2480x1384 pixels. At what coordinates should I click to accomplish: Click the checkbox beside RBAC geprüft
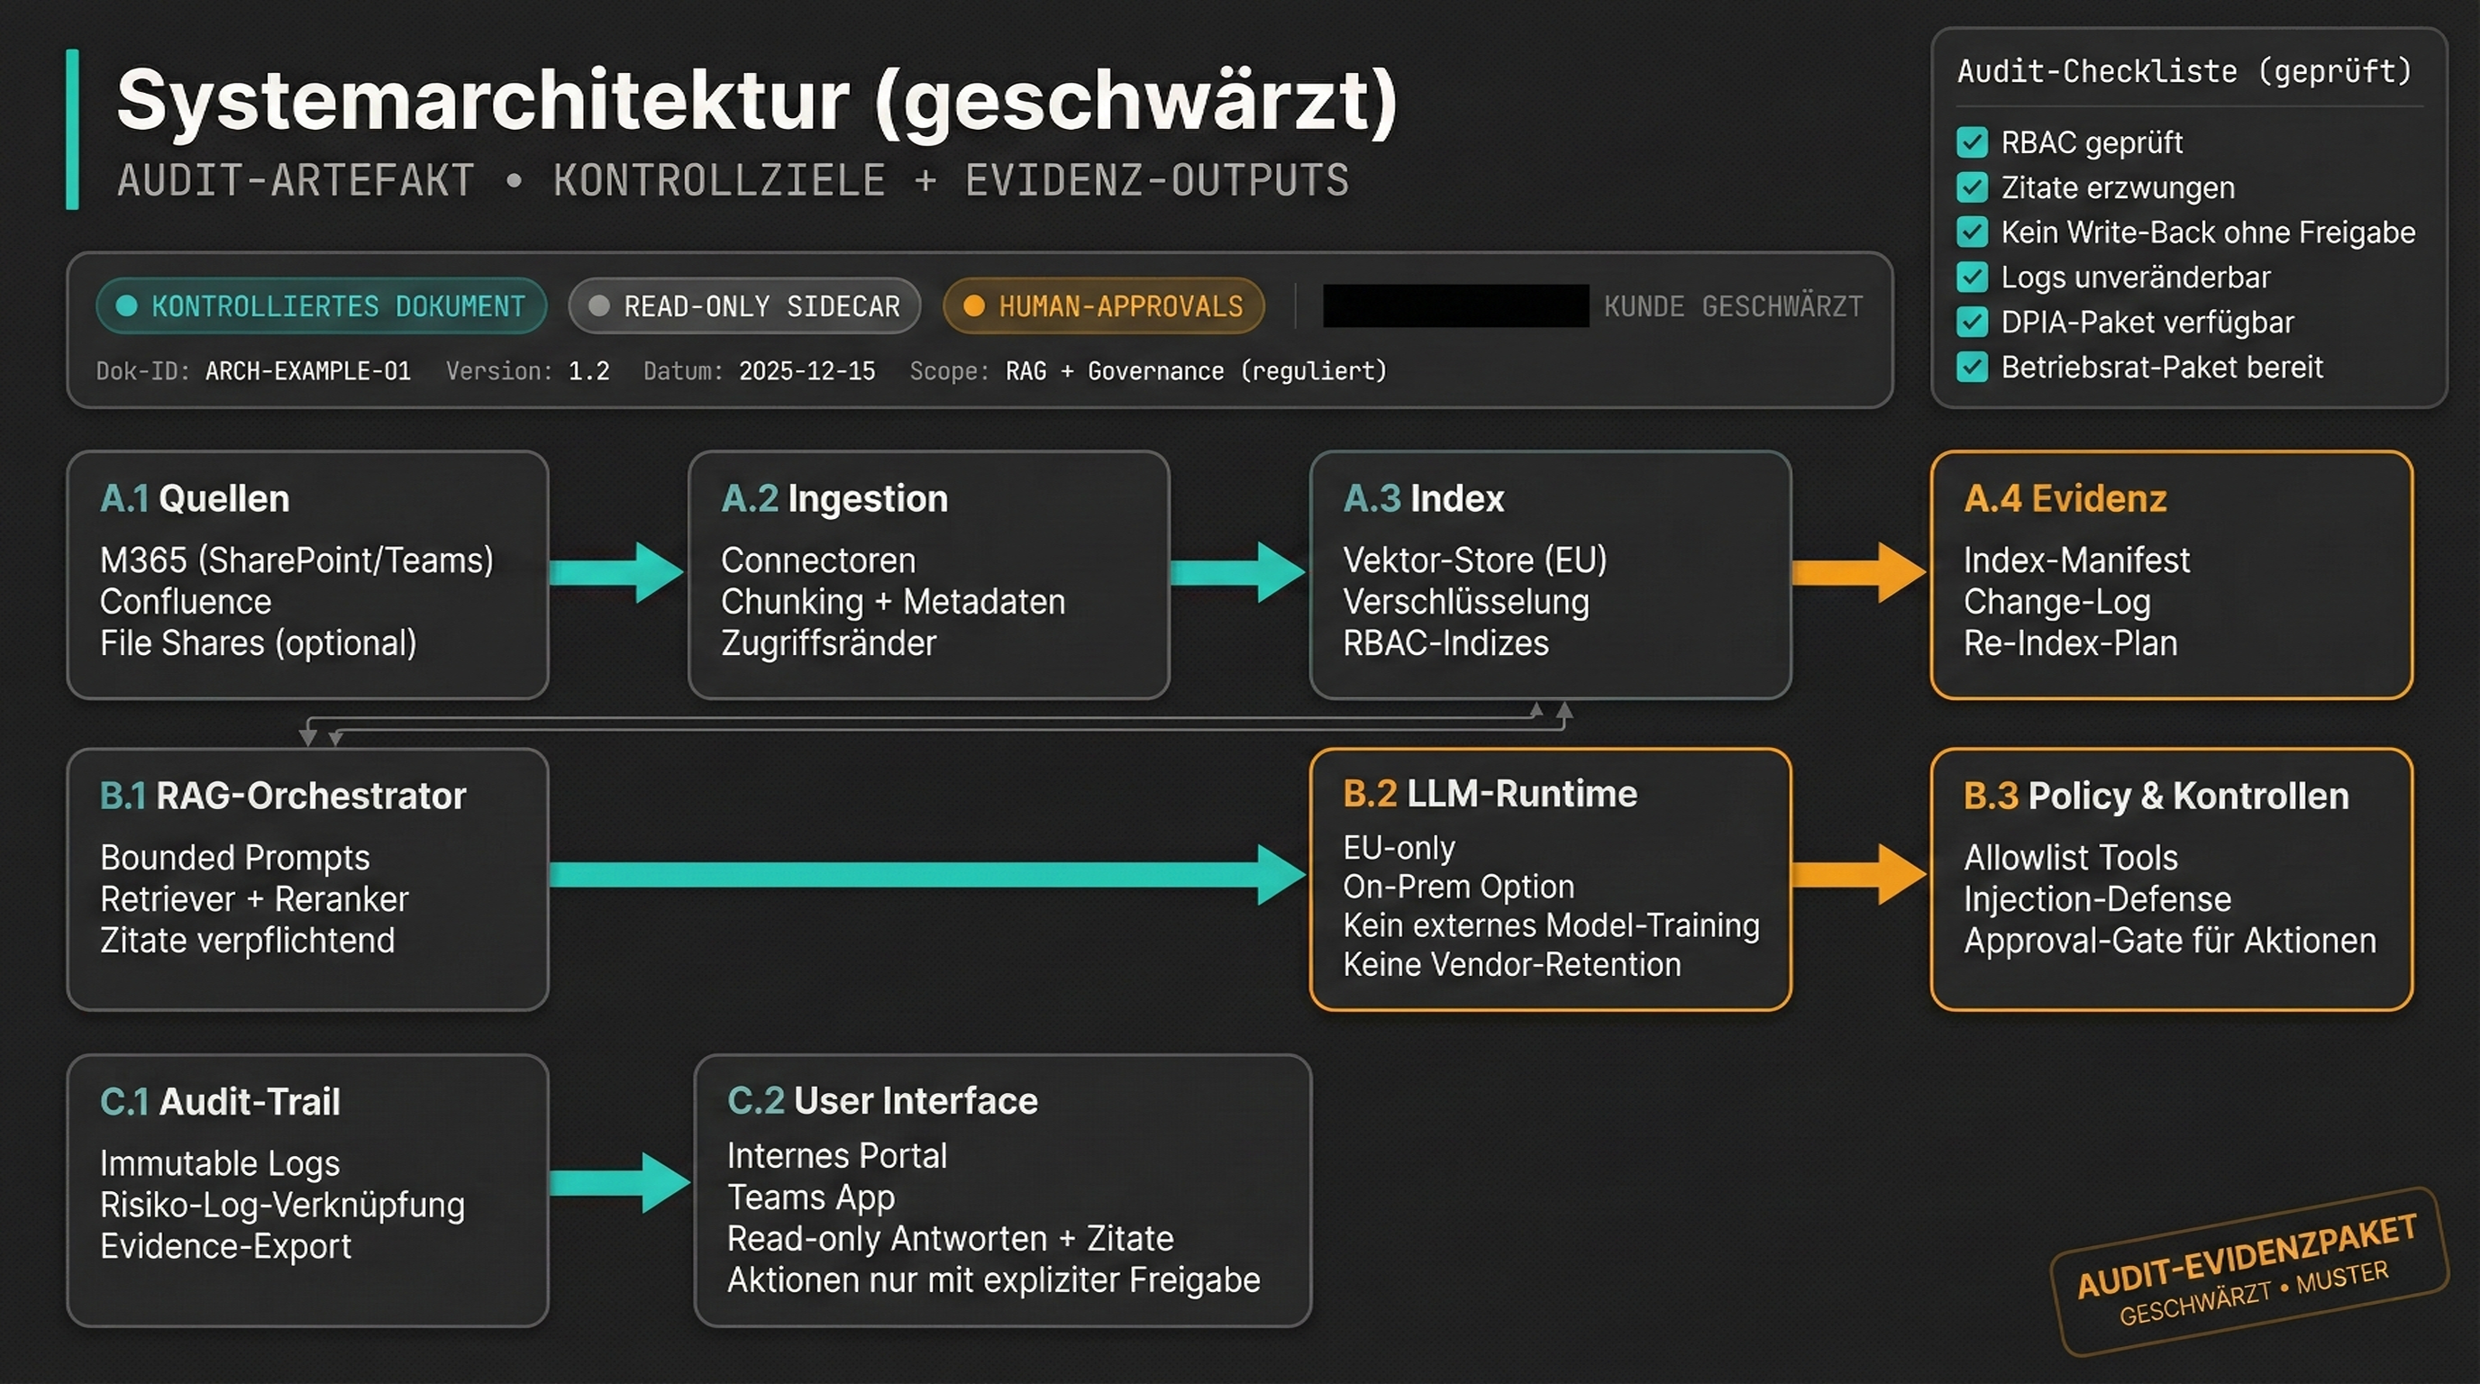pyautogui.click(x=1972, y=142)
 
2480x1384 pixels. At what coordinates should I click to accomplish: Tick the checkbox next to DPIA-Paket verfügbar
pyautogui.click(x=1972, y=322)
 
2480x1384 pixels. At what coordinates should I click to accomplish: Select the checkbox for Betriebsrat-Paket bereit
pyautogui.click(x=1972, y=367)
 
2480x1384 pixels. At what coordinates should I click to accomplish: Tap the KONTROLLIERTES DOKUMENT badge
pyautogui.click(x=322, y=306)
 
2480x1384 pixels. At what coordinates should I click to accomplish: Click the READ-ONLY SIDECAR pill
pyautogui.click(x=744, y=306)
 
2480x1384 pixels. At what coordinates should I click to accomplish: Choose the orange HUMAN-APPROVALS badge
pyautogui.click(x=1103, y=306)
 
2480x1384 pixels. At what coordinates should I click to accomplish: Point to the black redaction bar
pyautogui.click(x=1454, y=306)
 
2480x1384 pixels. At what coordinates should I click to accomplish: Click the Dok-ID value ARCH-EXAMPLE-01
pyautogui.click(x=308, y=370)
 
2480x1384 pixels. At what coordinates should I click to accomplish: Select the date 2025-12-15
pyautogui.click(x=807, y=370)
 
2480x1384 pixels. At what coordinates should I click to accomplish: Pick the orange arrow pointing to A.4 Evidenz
pyautogui.click(x=1859, y=573)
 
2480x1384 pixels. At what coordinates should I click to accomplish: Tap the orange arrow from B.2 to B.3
pyautogui.click(x=1859, y=874)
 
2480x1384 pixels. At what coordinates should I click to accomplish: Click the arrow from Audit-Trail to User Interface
pyautogui.click(x=620, y=1182)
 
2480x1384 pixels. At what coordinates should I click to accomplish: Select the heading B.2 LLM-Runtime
pyautogui.click(x=1490, y=794)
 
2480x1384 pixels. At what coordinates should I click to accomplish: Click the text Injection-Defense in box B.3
pyautogui.click(x=2097, y=899)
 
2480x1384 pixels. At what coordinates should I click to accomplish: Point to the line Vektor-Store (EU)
pyautogui.click(x=1474, y=560)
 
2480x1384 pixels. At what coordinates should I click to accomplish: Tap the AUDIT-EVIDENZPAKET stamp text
pyautogui.click(x=2246, y=1256)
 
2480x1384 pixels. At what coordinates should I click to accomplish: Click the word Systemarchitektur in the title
pyautogui.click(x=482, y=101)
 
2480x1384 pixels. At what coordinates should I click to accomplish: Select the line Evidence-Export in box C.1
pyautogui.click(x=225, y=1246)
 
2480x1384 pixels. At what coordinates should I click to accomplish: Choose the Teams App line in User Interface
pyautogui.click(x=811, y=1197)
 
